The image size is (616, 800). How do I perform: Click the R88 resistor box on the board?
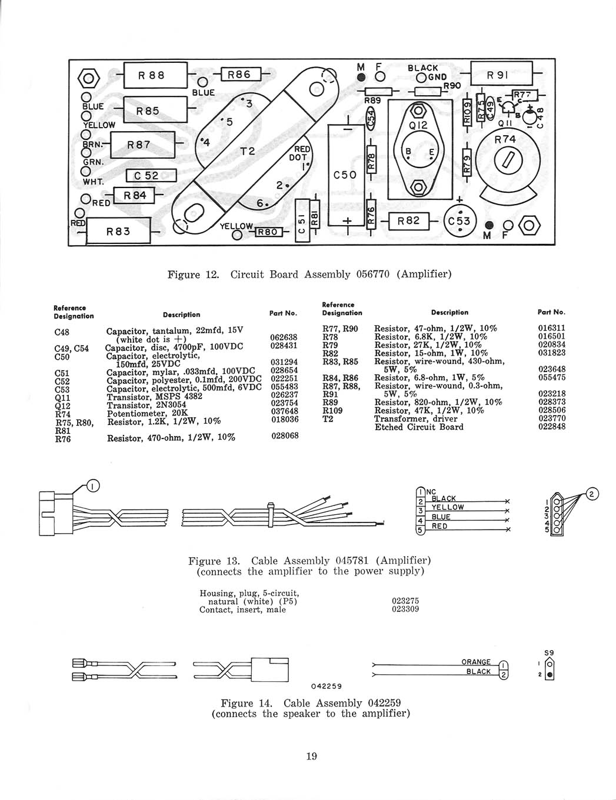point(155,75)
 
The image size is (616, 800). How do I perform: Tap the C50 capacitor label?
point(345,175)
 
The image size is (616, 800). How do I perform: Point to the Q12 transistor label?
point(418,126)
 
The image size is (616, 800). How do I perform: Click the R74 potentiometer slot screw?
point(508,160)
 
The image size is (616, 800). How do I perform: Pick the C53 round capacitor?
point(461,221)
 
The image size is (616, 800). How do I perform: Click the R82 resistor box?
point(408,221)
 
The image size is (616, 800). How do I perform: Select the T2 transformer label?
point(248,151)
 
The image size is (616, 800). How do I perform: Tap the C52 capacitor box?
point(151,176)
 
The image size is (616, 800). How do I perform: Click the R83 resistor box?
point(118,231)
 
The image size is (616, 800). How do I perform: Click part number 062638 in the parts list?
point(284,337)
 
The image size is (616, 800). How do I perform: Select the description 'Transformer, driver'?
point(415,419)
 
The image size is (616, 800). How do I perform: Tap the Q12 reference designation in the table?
point(62,406)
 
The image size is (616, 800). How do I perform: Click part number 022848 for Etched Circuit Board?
point(551,427)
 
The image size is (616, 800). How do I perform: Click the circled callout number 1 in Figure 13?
point(93,486)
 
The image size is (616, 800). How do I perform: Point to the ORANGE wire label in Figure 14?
point(476,662)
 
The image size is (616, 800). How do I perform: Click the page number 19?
point(312,756)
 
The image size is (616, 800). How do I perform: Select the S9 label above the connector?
point(549,652)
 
